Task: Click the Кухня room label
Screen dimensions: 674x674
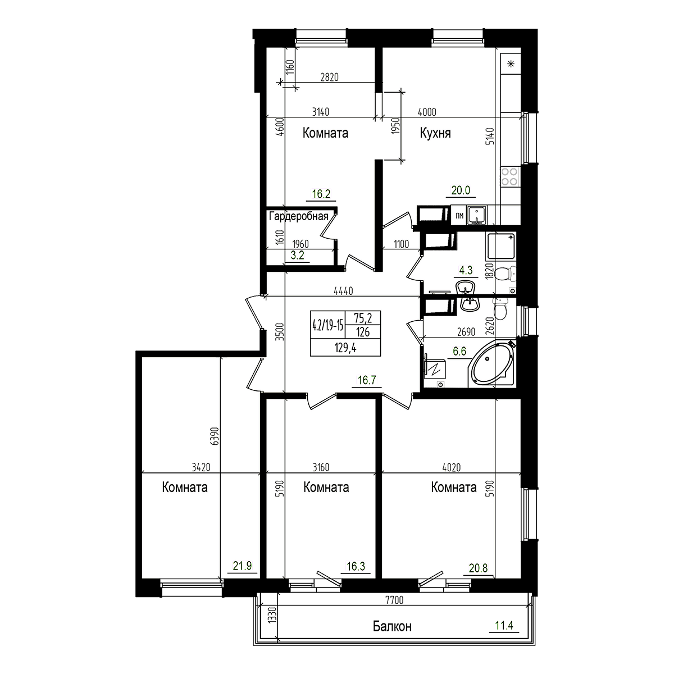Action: (x=435, y=133)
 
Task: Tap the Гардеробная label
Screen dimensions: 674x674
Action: (x=298, y=216)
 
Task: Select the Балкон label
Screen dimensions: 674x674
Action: (x=392, y=626)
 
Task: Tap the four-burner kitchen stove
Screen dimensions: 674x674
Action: (x=510, y=177)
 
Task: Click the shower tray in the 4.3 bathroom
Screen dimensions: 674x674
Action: (x=501, y=246)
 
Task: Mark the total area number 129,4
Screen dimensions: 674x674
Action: (x=345, y=348)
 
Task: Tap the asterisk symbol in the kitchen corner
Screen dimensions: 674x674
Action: (x=511, y=63)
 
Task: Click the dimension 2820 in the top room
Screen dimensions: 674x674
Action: (x=331, y=78)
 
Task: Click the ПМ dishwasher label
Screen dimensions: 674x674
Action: (x=459, y=215)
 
